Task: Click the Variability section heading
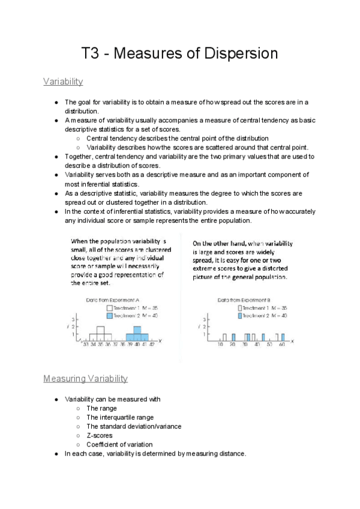(63, 81)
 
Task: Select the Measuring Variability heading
(85, 379)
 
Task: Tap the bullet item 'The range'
(101, 408)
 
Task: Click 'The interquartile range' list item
(119, 417)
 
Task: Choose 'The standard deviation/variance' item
(133, 426)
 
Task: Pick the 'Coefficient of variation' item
(119, 444)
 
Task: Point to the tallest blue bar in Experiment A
(137, 333)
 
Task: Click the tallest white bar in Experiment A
(100, 333)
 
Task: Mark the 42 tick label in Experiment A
(151, 345)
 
